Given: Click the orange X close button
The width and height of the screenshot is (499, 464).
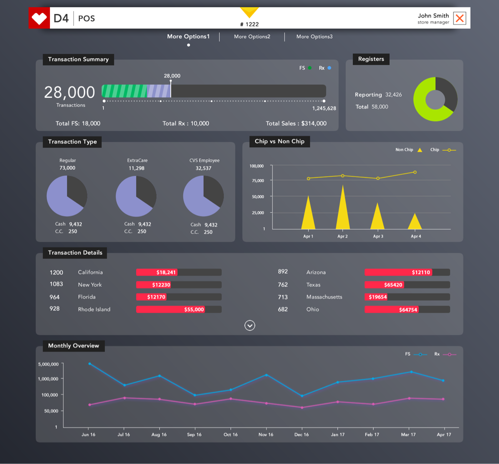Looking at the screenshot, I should tap(460, 19).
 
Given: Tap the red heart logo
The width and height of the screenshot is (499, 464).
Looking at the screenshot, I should tap(39, 18).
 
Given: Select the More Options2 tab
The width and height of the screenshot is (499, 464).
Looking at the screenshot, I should tap(252, 36).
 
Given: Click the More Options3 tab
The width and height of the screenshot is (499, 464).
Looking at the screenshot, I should tap(314, 36).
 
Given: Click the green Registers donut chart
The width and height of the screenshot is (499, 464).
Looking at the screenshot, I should tap(435, 99).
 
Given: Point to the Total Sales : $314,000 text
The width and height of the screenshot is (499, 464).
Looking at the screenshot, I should tap(296, 123).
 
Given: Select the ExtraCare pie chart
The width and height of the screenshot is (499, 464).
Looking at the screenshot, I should tap(136, 196).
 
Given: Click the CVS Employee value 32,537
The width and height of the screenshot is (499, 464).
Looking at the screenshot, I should tap(204, 168).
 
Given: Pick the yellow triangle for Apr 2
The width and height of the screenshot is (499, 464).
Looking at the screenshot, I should tap(343, 210).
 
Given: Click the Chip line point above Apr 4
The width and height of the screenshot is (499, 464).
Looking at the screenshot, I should tap(415, 172).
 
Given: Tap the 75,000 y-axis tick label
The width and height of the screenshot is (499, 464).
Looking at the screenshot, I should tap(257, 181).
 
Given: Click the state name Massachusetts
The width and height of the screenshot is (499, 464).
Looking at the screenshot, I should tap(324, 297).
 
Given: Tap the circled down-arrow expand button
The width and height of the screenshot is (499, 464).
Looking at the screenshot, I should tap(250, 326).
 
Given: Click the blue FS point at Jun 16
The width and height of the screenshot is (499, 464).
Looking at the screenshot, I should tap(89, 364).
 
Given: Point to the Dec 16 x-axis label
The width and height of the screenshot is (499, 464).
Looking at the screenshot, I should tap(301, 435).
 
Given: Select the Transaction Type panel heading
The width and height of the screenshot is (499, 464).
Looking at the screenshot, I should tap(72, 142).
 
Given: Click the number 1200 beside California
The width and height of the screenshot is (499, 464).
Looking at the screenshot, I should tap(56, 273).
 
